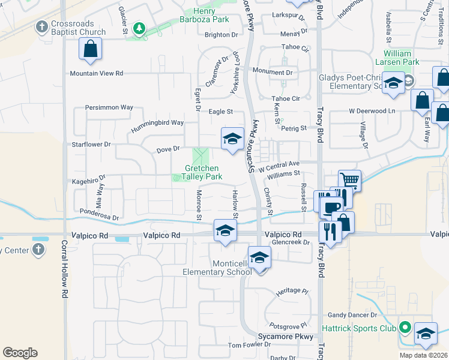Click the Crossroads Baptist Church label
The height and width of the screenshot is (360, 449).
coord(78,28)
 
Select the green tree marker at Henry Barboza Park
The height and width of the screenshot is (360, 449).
coord(139,28)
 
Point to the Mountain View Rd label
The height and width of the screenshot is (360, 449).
coord(96,73)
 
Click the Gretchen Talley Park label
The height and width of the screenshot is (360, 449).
coord(202,172)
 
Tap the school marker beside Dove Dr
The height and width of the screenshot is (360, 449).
coord(232,139)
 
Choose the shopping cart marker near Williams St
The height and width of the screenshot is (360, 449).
coord(349,179)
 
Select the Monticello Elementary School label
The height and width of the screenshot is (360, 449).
coord(217,268)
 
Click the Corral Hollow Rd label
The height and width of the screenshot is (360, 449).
coord(64,270)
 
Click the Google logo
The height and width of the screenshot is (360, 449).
coord(20,353)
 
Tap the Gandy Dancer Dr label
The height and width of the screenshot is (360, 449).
coord(352,314)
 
